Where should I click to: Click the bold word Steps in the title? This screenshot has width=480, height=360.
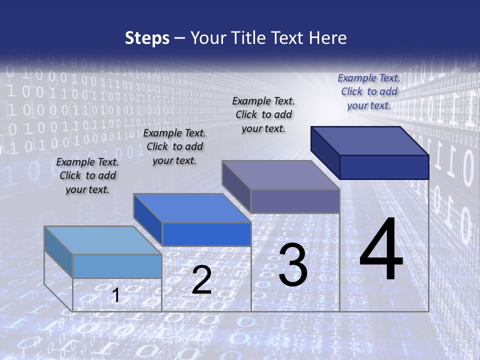tap(147, 38)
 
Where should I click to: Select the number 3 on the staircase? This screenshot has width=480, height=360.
tap(293, 265)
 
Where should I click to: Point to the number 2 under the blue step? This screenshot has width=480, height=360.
tap(201, 280)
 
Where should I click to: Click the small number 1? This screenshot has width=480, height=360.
tap(116, 295)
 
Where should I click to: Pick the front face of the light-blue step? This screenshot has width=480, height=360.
tap(117, 266)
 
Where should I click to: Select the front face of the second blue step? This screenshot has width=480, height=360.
tap(206, 234)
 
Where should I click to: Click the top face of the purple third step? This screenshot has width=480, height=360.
tap(280, 175)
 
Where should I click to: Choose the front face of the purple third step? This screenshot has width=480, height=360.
tap(295, 201)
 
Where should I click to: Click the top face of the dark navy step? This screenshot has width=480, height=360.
tap(369, 140)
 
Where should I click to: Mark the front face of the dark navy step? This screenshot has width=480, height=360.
tap(384, 167)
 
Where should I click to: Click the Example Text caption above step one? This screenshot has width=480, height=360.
tap(87, 175)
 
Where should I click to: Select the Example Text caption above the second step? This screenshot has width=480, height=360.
tap(174, 146)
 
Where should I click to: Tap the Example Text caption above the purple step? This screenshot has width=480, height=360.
tap(263, 114)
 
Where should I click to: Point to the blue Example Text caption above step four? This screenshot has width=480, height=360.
tap(369, 91)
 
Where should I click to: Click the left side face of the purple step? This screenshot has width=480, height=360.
tap(236, 186)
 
